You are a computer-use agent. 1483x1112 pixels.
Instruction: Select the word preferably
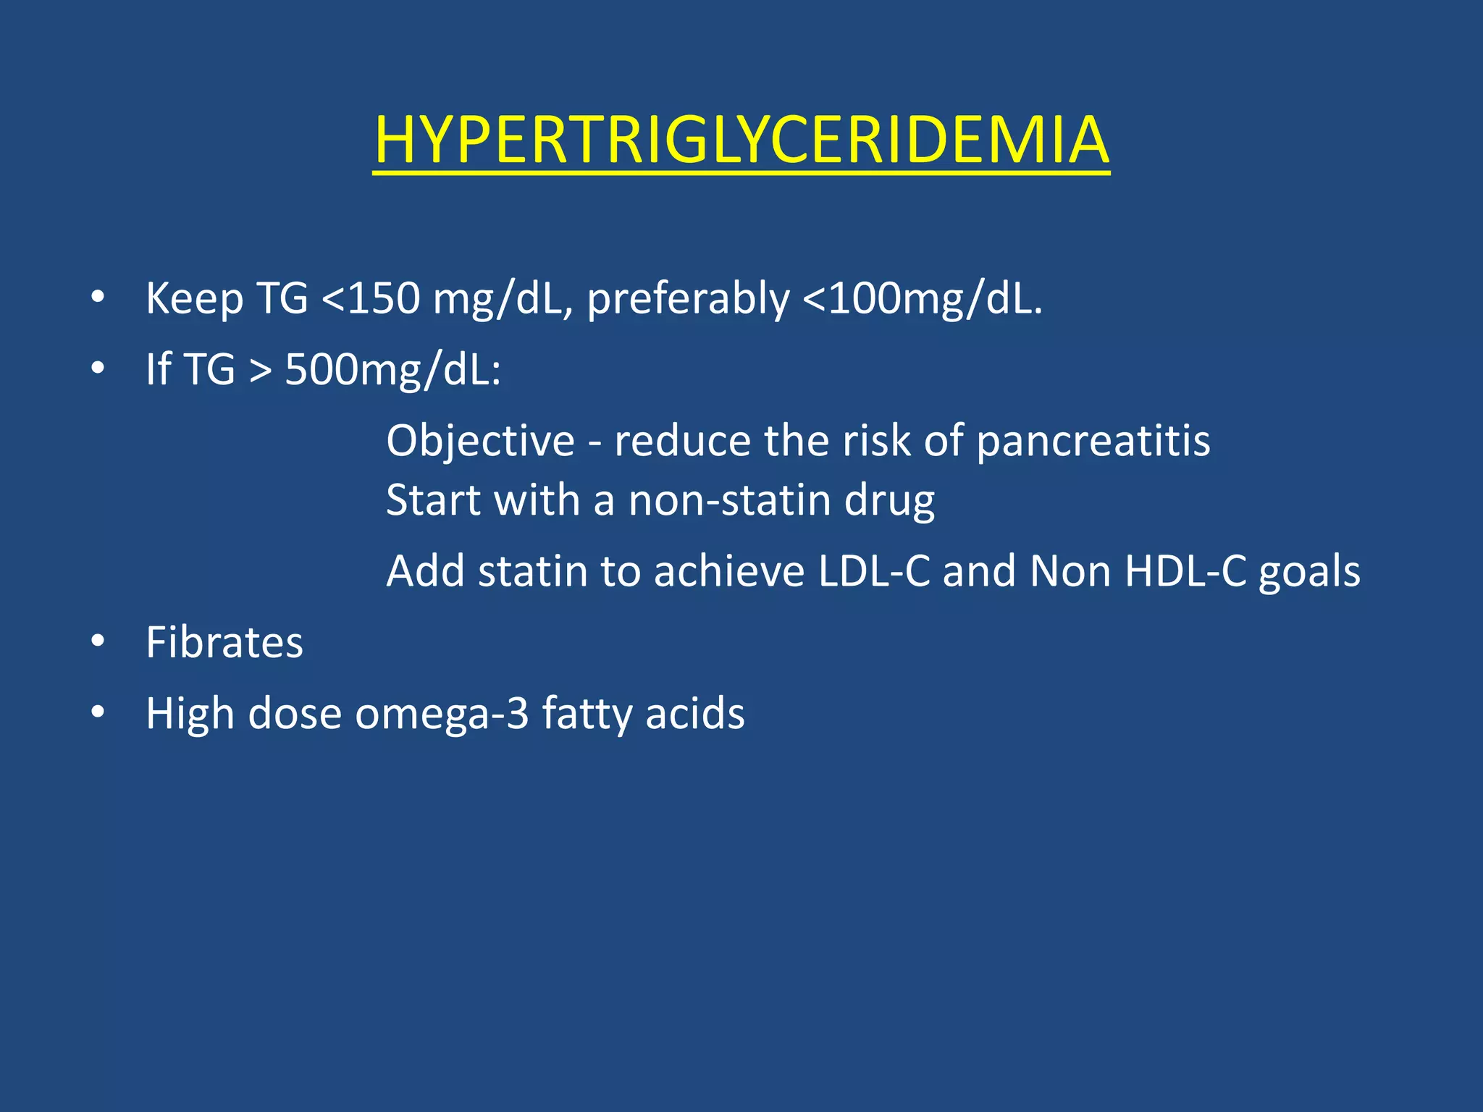tap(688, 299)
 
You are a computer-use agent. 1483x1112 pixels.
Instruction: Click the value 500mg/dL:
tap(392, 369)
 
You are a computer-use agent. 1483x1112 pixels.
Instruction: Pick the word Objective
tap(480, 440)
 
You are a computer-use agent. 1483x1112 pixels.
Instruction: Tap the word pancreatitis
tap(1093, 441)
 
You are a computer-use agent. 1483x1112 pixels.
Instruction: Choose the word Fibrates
tap(224, 642)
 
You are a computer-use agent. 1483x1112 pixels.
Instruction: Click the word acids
tap(694, 713)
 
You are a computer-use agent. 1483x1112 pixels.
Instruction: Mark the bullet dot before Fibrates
tap(98, 641)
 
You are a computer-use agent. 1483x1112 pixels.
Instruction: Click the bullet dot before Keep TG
tap(98, 297)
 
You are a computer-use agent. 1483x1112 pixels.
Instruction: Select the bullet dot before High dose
tap(98, 712)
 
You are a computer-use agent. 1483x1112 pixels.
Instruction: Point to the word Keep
tap(194, 298)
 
